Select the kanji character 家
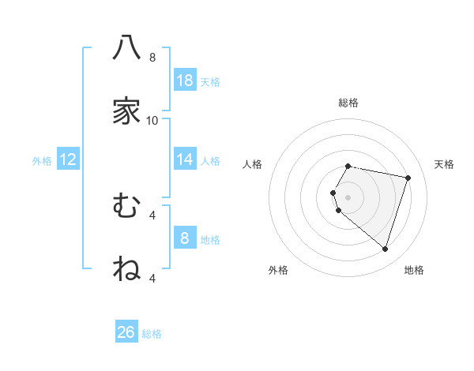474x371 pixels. coord(126,111)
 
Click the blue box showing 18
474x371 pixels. coord(185,80)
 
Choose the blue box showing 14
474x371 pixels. coord(185,159)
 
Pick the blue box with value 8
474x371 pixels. coord(185,238)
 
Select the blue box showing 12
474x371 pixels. coord(68,159)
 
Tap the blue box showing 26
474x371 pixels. coord(126,332)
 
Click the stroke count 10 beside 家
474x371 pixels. coord(152,121)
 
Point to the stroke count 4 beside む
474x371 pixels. coord(152,215)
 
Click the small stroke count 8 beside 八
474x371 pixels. coord(152,58)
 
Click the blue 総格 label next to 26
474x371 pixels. coord(152,334)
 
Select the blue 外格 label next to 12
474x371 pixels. coord(42,161)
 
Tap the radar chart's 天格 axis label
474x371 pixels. coord(445,164)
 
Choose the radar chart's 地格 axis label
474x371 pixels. coord(414,270)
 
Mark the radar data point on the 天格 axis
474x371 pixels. coord(408,178)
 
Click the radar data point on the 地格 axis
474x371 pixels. coord(385,249)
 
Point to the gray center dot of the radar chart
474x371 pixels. coord(348,197)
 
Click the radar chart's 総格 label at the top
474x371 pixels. coord(348,103)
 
